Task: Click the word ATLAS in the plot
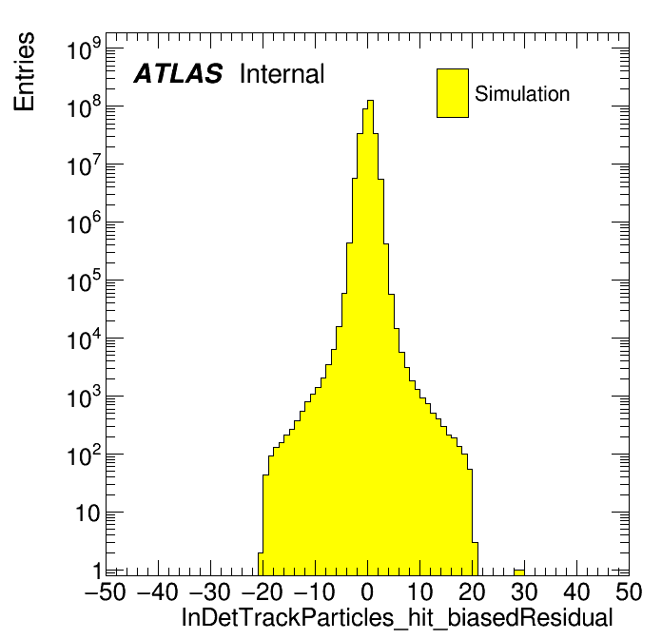(x=178, y=74)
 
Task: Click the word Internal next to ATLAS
(x=282, y=74)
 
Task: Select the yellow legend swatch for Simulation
(x=453, y=93)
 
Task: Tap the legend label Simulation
(x=522, y=94)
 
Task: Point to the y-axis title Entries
(x=24, y=71)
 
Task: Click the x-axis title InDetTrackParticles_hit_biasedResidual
(x=397, y=616)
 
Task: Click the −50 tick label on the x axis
(x=106, y=591)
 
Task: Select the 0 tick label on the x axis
(x=368, y=591)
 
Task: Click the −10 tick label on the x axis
(x=316, y=591)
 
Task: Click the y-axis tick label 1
(x=98, y=571)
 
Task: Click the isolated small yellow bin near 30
(x=518, y=571)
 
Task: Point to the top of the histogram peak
(x=370, y=101)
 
